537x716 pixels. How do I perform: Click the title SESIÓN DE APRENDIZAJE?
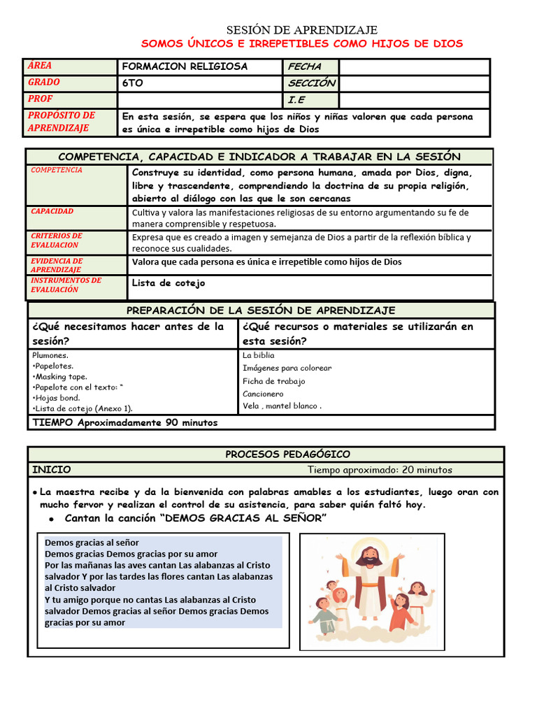click(x=301, y=30)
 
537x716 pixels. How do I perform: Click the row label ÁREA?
click(x=40, y=66)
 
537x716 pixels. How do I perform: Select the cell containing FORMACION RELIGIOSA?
click(x=185, y=67)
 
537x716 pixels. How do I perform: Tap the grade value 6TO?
click(x=133, y=83)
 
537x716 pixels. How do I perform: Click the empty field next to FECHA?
click(x=414, y=67)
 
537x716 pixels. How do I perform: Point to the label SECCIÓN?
click(x=311, y=83)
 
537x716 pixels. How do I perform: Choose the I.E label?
click(x=296, y=100)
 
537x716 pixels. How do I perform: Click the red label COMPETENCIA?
click(x=57, y=171)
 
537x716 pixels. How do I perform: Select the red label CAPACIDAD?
click(x=52, y=211)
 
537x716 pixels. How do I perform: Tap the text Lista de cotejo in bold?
click(x=169, y=283)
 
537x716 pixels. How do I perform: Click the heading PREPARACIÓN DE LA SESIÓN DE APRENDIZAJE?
click(x=261, y=310)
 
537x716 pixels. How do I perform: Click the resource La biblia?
click(x=259, y=356)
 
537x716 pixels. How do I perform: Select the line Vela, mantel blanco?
click(x=282, y=406)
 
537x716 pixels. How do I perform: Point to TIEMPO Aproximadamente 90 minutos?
click(x=125, y=423)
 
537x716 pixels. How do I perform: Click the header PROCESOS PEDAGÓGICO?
click(x=287, y=454)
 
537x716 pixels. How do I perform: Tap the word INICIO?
click(x=52, y=470)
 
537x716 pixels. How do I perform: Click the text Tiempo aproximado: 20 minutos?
click(x=380, y=470)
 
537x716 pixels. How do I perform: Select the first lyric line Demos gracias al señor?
click(x=92, y=543)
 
